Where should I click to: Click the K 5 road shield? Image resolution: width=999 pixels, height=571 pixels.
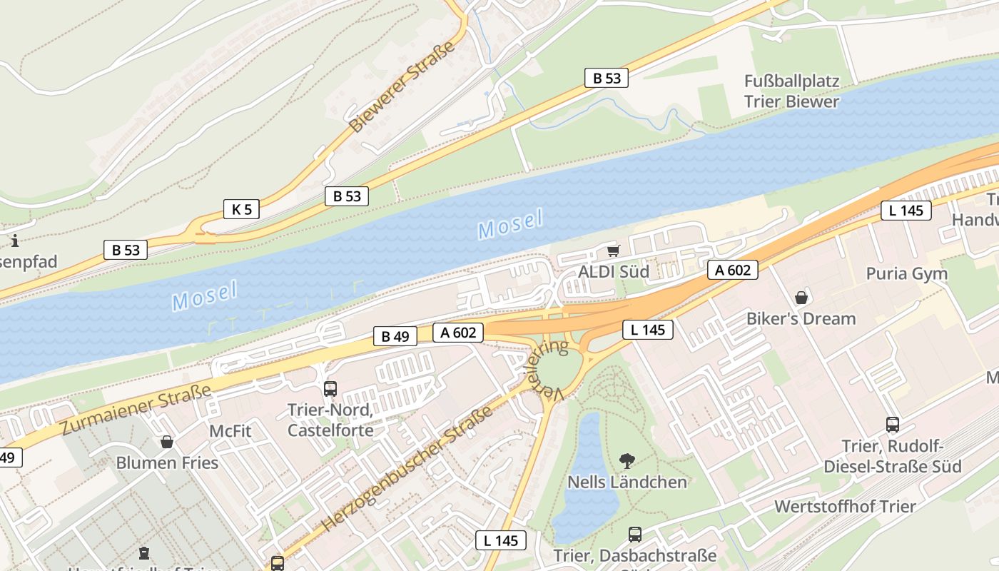point(241,209)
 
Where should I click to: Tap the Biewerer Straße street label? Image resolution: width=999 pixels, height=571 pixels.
point(402,87)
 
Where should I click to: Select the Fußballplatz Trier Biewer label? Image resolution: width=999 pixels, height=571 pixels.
point(791,91)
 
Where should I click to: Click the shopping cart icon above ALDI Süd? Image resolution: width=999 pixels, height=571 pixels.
point(612,251)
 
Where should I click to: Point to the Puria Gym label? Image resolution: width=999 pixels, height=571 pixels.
point(906,273)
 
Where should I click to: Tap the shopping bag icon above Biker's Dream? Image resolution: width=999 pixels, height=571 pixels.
point(801,297)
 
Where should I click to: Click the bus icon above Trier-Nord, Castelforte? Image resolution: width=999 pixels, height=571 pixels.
point(330,389)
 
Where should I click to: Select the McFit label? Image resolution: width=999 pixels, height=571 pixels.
point(230,431)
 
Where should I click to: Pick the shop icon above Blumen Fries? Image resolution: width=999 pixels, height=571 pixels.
point(167,442)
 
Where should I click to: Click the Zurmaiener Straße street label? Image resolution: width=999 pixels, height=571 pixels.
point(136,409)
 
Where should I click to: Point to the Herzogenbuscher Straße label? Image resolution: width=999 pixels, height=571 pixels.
point(407,469)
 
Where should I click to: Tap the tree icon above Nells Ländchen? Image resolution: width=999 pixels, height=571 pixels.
point(627,460)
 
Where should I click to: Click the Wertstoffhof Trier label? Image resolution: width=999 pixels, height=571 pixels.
point(845,507)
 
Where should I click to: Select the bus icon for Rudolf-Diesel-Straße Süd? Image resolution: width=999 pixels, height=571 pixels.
point(892,425)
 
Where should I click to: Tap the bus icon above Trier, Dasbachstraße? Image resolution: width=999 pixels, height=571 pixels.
point(634,534)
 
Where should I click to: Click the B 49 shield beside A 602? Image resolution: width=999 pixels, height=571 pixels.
point(395,336)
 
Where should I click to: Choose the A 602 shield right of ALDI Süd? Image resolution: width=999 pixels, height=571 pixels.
point(733,270)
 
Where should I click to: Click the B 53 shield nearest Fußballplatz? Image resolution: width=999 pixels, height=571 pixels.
point(607,79)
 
